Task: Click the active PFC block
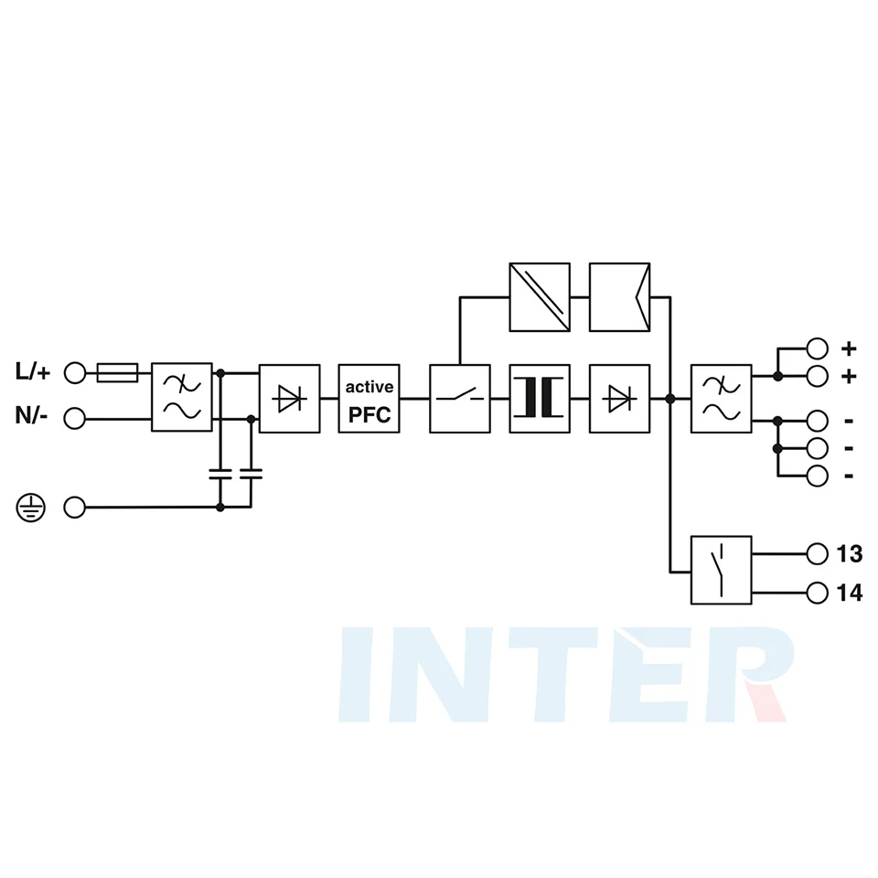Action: [369, 399]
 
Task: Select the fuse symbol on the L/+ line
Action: [118, 372]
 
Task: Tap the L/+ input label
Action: [33, 371]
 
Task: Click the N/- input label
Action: [31, 416]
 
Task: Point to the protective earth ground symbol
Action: [30, 508]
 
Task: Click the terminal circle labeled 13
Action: [818, 554]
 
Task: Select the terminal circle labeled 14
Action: [818, 593]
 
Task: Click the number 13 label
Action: [850, 554]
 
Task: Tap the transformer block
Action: [540, 399]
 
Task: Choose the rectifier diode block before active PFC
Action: [290, 399]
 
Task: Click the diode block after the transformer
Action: [620, 399]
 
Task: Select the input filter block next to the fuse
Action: [182, 397]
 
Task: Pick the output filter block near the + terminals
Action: [722, 399]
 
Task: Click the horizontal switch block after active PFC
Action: [460, 399]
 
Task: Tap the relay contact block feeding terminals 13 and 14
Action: [722, 570]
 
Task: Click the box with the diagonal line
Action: [540, 297]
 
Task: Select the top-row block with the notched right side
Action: [620, 297]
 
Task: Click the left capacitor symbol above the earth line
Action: [220, 475]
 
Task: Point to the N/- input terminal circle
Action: [74, 418]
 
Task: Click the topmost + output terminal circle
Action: [818, 348]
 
